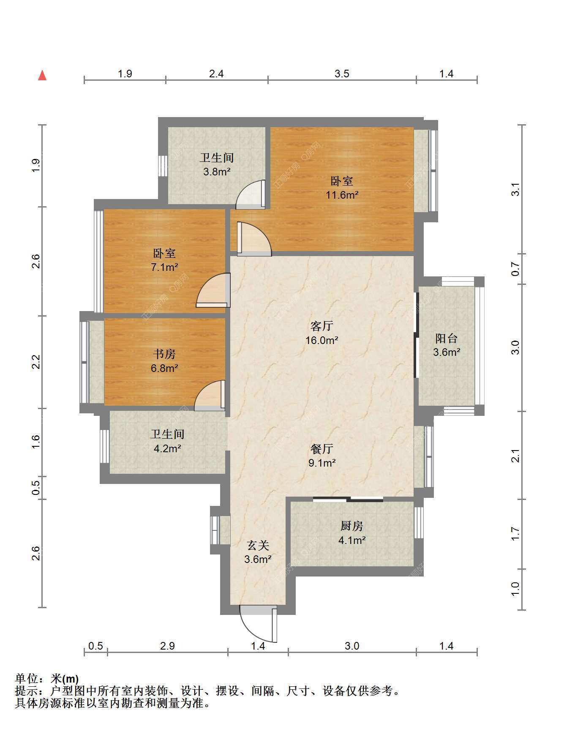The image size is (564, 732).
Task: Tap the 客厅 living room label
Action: (322, 326)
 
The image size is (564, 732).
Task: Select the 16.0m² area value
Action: (322, 340)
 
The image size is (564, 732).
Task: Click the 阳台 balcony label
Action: (447, 338)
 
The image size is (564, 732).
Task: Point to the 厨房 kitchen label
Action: (352, 526)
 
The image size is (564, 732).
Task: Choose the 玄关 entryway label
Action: (258, 545)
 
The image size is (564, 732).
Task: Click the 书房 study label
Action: (164, 354)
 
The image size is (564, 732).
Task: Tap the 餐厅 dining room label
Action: (322, 448)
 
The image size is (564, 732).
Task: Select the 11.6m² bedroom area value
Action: (342, 195)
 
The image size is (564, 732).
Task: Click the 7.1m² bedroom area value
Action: (164, 268)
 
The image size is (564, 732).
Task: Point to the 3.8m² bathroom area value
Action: (217, 172)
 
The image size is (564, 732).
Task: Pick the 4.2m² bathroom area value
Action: (167, 448)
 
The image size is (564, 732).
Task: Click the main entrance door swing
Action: (259, 623)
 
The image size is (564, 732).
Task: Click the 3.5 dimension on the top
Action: (342, 74)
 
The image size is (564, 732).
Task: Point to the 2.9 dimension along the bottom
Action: (167, 646)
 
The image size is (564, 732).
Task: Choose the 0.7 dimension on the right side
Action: (515, 269)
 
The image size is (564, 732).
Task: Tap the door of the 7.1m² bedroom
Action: (214, 290)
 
